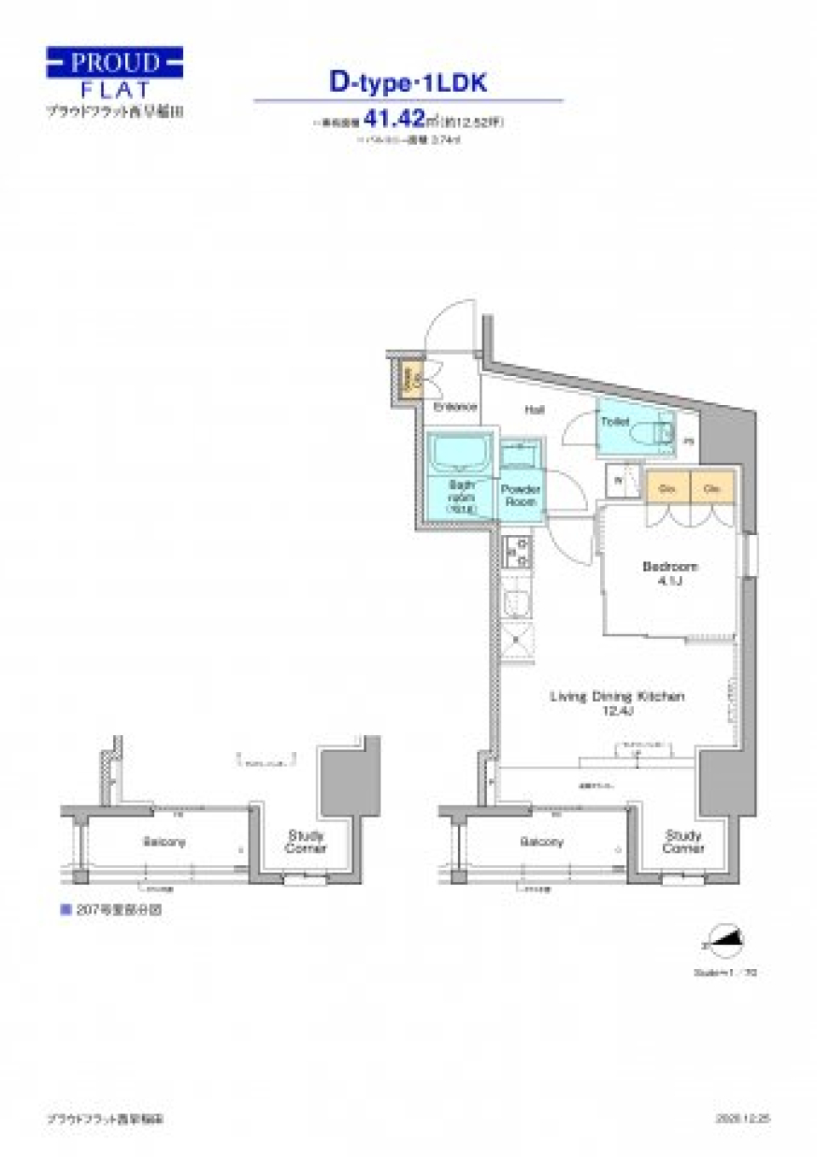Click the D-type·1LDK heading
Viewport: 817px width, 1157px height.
click(x=408, y=83)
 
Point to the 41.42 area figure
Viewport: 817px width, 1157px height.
click(x=393, y=119)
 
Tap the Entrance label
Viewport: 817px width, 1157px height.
click(x=454, y=407)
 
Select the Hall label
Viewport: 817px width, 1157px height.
click(x=534, y=410)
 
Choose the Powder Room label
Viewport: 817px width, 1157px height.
click(x=521, y=495)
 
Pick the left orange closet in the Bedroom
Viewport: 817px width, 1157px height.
click(x=667, y=488)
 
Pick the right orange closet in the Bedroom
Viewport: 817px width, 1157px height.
click(x=712, y=488)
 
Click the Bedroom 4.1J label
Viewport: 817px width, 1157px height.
click(x=670, y=573)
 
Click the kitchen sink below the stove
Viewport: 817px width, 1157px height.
click(x=517, y=602)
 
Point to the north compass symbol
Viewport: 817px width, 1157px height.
click(x=728, y=938)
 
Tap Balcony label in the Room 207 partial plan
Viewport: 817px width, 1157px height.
click(x=164, y=842)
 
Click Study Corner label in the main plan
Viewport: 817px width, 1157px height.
click(x=683, y=841)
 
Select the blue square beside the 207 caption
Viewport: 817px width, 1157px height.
click(x=65, y=909)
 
